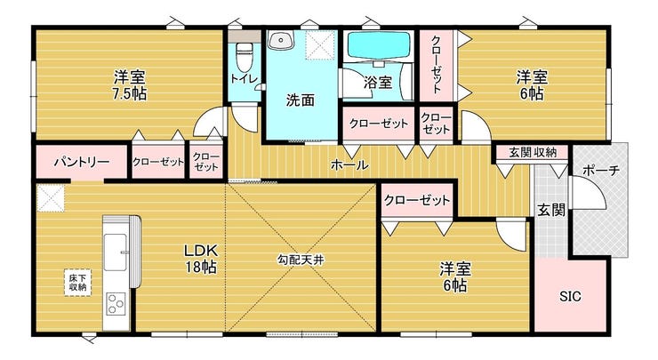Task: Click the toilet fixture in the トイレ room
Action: (x=243, y=58)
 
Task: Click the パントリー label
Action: (x=82, y=162)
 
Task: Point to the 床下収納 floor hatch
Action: (x=77, y=283)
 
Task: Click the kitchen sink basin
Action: (x=115, y=252)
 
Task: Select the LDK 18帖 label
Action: (x=201, y=259)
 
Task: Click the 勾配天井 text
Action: (x=301, y=260)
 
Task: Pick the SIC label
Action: (x=570, y=297)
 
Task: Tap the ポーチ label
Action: (x=601, y=171)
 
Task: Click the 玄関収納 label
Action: (x=533, y=152)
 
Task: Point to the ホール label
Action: (x=349, y=165)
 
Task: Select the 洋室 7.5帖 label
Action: (x=130, y=85)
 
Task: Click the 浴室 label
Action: (x=378, y=83)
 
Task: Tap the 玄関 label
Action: (x=551, y=210)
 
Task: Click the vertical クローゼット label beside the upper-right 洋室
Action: (x=436, y=65)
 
